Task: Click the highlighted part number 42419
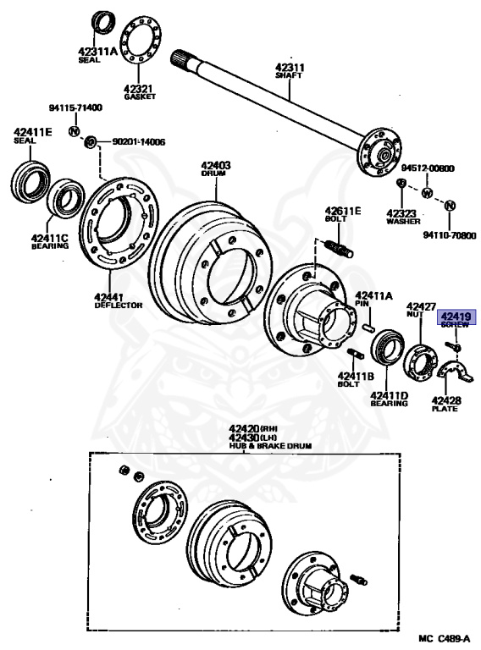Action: (x=456, y=317)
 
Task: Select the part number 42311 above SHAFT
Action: (x=290, y=67)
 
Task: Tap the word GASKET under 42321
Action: (x=140, y=96)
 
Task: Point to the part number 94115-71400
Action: (x=76, y=107)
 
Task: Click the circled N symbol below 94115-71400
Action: (x=74, y=131)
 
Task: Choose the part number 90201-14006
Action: (x=139, y=142)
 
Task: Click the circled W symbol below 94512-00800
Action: (x=427, y=193)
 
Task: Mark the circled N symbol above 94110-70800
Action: (x=450, y=205)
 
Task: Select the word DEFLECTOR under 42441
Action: (x=119, y=306)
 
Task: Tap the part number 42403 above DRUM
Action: (x=216, y=165)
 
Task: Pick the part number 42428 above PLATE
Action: (x=445, y=400)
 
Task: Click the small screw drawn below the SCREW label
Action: (x=454, y=345)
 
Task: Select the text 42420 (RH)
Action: (x=253, y=428)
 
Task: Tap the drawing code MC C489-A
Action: (x=444, y=638)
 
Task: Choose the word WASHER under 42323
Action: (x=403, y=222)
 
